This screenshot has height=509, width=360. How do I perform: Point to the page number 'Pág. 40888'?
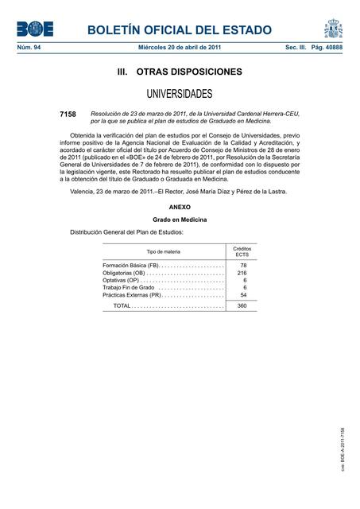point(326,49)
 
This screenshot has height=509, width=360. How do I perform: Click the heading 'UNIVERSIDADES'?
point(180,94)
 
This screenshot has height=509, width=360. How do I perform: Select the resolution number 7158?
point(68,115)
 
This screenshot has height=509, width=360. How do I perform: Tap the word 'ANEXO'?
point(180,206)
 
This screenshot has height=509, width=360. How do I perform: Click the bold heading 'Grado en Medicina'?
point(180,219)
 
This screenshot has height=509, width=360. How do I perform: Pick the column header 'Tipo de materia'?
point(163,251)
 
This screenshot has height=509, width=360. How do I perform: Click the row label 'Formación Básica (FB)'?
point(131,265)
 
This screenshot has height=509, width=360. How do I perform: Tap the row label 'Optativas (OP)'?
point(121,281)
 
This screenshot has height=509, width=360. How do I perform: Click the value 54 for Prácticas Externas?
point(243,296)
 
